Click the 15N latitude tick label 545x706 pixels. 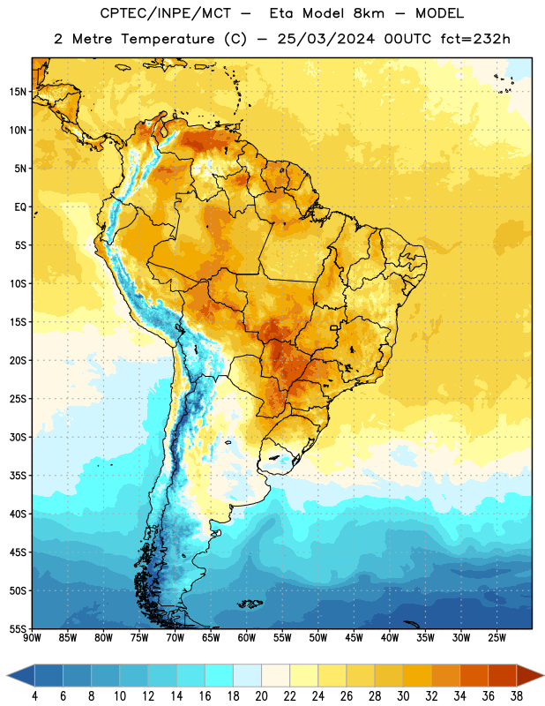pyautogui.click(x=18, y=92)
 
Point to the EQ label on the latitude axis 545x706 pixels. pyautogui.click(x=20, y=207)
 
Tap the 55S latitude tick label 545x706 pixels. pyautogui.click(x=18, y=628)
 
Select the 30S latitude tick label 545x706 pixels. pyautogui.click(x=18, y=437)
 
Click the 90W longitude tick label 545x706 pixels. pyautogui.click(x=32, y=638)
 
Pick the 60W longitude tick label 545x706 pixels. pyautogui.click(x=247, y=638)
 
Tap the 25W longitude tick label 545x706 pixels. pyautogui.click(x=496, y=638)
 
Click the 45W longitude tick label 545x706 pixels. pyautogui.click(x=354, y=638)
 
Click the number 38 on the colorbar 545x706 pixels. pyautogui.click(x=517, y=696)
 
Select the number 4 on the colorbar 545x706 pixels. pyautogui.click(x=34, y=696)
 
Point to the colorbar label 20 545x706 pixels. pyautogui.click(x=261, y=696)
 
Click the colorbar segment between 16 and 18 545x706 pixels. pyautogui.click(x=220, y=676)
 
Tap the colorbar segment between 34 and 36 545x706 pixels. pyautogui.click(x=474, y=676)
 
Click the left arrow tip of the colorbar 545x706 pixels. pyautogui.click(x=7, y=676)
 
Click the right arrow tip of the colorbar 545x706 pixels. pyautogui.click(x=543, y=676)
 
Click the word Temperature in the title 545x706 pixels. pyautogui.click(x=168, y=39)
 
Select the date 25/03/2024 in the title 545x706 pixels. pyautogui.click(x=325, y=39)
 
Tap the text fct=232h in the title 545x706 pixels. pyautogui.click(x=475, y=39)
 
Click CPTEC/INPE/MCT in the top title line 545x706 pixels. pyautogui.click(x=165, y=13)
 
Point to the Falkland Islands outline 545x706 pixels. pyautogui.click(x=250, y=604)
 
